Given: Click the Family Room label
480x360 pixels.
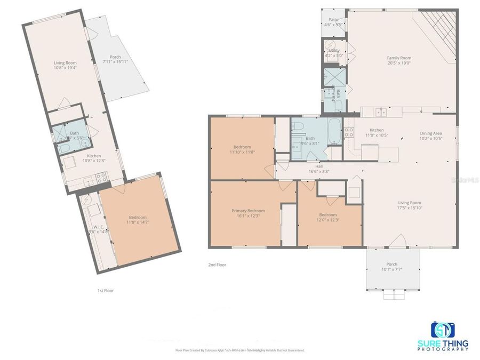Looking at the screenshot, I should point(399,58).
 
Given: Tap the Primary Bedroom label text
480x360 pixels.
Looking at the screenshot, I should point(248,211).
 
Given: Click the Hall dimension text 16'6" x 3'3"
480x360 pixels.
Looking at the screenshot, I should point(318,172).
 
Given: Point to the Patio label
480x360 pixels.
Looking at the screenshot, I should point(333,20).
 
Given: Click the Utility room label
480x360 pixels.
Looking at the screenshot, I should point(334,50).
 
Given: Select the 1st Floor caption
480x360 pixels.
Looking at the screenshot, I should point(106,291).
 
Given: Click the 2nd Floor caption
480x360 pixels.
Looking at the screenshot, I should point(217,265).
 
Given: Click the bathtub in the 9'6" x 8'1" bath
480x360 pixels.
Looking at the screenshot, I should point(333,131).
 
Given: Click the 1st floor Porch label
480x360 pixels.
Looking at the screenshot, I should point(115,57).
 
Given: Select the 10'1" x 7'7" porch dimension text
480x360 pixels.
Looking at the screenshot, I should point(392,269).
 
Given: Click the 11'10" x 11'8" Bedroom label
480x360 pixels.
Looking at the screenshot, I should point(242,147).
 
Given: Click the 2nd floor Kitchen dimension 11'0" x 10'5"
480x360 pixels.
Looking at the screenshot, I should point(377,135).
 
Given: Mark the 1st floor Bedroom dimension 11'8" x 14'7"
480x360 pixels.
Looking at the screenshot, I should point(138,221).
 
